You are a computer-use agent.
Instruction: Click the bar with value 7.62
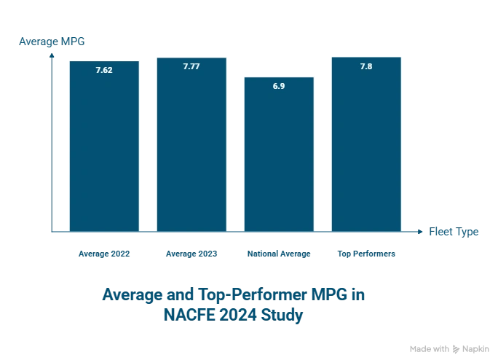pyautogui.click(x=103, y=146)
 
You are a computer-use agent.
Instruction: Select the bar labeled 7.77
pyautogui.click(x=191, y=146)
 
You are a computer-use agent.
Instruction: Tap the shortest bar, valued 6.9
pyautogui.click(x=278, y=157)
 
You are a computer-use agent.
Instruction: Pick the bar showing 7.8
pyautogui.click(x=365, y=146)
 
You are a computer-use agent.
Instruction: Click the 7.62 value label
pyautogui.click(x=103, y=71)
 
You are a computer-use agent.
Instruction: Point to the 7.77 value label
pyautogui.click(x=191, y=66)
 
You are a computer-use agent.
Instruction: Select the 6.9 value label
pyautogui.click(x=278, y=86)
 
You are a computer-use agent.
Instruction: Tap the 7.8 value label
pyautogui.click(x=365, y=66)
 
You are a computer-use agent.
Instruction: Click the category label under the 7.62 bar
pyautogui.click(x=103, y=254)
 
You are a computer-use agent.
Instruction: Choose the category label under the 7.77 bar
pyautogui.click(x=191, y=254)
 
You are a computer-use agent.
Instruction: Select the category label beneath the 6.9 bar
pyautogui.click(x=278, y=254)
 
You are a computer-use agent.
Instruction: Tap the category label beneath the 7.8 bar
pyautogui.click(x=365, y=254)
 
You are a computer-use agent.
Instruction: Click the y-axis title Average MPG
pyautogui.click(x=47, y=42)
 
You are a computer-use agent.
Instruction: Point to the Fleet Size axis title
pyautogui.click(x=454, y=232)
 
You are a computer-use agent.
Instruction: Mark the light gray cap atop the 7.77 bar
pyautogui.click(x=191, y=55)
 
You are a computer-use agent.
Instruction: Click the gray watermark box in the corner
pyautogui.click(x=447, y=349)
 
